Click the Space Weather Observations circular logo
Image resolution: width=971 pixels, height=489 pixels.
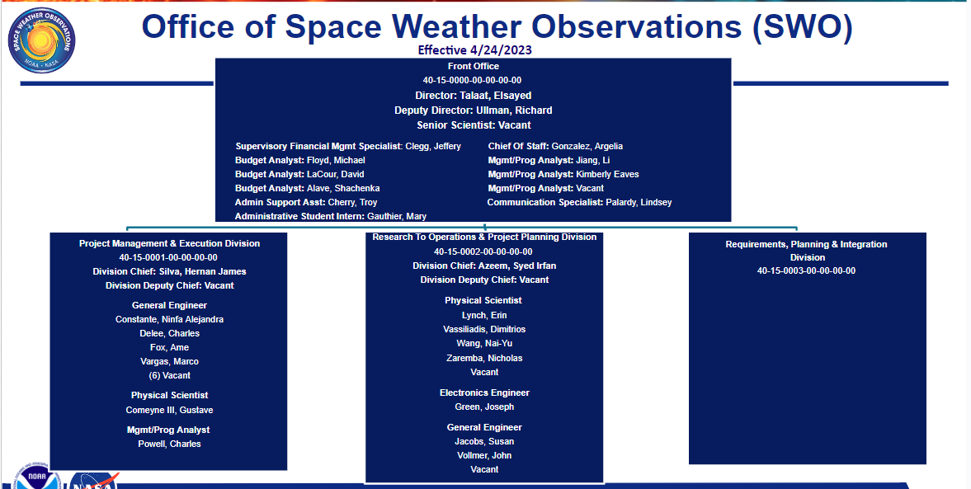click(x=42, y=40)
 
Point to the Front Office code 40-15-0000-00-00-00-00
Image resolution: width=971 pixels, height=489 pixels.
click(x=473, y=81)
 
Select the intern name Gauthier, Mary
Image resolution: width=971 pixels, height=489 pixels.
click(x=396, y=217)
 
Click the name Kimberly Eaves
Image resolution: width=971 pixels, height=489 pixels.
click(x=607, y=175)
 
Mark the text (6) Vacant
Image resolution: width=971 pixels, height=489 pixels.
click(x=170, y=376)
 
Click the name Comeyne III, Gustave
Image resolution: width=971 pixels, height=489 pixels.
click(x=170, y=410)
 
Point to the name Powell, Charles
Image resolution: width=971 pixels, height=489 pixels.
click(x=170, y=444)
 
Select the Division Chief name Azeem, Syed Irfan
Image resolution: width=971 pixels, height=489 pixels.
click(x=516, y=266)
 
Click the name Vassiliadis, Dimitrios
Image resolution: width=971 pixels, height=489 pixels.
click(x=484, y=329)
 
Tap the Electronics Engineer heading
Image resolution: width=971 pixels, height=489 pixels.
click(x=484, y=393)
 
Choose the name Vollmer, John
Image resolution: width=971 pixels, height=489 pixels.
click(x=484, y=455)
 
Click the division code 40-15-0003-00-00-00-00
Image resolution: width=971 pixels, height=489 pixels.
click(x=806, y=270)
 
